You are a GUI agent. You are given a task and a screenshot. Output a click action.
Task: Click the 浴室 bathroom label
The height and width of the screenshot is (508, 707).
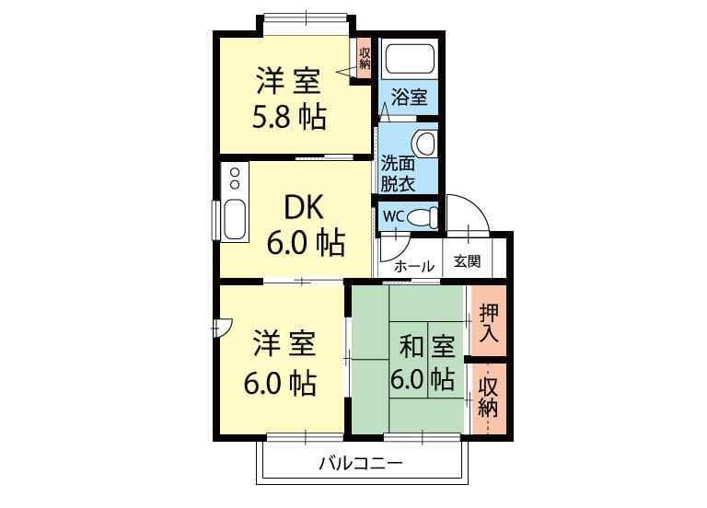pos(409,97)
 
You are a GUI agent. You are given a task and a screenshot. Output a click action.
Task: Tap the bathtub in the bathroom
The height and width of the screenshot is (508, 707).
pos(410,59)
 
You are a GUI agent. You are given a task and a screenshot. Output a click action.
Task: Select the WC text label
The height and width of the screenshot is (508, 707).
pos(393,216)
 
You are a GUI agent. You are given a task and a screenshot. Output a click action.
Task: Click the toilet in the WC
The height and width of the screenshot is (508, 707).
pos(423,217)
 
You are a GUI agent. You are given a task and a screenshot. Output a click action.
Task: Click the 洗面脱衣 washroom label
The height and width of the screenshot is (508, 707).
pos(398,174)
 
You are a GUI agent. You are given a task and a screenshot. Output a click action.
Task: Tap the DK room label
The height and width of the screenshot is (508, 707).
pos(304,208)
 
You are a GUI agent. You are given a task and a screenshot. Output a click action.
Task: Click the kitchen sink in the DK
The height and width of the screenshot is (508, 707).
pos(235,220)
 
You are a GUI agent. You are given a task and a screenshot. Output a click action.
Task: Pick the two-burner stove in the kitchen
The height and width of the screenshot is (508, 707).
pos(235,179)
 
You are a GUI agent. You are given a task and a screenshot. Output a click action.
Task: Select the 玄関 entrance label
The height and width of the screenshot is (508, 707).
pos(467,261)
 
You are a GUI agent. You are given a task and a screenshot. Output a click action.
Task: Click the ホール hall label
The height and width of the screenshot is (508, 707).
pos(414,266)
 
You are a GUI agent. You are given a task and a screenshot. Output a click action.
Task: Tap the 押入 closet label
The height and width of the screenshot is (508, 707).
pos(489,323)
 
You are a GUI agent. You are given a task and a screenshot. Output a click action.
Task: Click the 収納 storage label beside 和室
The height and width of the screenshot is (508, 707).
pos(488,398)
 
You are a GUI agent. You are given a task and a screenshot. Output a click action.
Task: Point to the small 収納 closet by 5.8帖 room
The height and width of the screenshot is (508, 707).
pos(365,58)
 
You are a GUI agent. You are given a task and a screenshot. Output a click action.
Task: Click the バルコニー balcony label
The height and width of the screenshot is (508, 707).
pos(361,463)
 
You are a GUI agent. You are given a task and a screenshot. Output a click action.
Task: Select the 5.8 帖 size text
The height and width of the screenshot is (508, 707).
pos(289,118)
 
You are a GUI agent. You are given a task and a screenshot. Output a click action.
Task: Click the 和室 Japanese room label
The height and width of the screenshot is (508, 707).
pos(427,346)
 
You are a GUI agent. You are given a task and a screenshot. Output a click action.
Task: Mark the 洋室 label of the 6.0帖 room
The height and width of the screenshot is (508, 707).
pos(284,343)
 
